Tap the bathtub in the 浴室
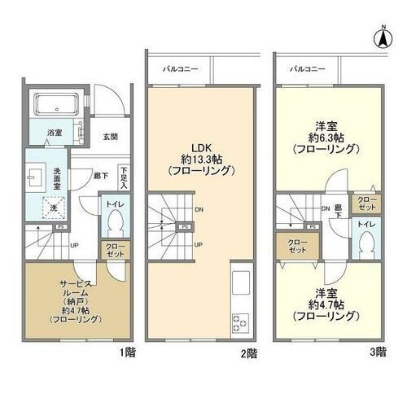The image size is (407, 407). coord(55,104)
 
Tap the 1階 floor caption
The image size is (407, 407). coord(128,352)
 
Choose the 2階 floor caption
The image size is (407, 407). coord(250,353)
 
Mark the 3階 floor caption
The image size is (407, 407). coord(379,352)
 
